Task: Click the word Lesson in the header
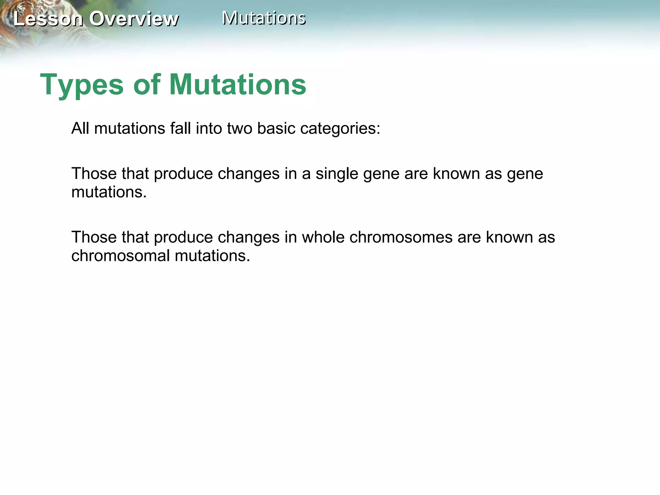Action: (x=48, y=19)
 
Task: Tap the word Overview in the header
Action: (x=134, y=19)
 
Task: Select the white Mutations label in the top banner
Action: (x=264, y=18)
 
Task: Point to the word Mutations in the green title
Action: (x=238, y=84)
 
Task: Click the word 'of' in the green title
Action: (x=147, y=84)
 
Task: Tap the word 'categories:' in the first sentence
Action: (x=340, y=128)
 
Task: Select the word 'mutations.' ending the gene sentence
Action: (x=109, y=192)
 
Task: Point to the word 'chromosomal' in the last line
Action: (x=121, y=256)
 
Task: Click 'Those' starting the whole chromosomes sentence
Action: (x=94, y=237)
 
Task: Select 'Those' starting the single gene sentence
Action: (x=94, y=174)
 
